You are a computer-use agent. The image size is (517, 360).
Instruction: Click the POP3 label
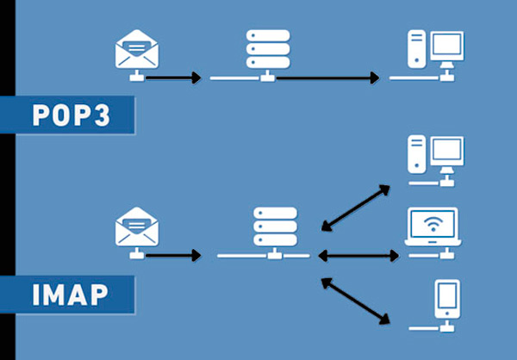(x=72, y=115)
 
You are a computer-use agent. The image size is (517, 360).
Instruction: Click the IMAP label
(x=71, y=295)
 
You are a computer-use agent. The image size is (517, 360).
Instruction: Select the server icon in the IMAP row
(x=275, y=227)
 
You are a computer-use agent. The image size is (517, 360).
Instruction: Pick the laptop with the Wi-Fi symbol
(x=433, y=227)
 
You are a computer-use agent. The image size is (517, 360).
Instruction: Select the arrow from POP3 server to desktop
(x=327, y=78)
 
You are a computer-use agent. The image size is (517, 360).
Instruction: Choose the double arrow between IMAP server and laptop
(x=358, y=255)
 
